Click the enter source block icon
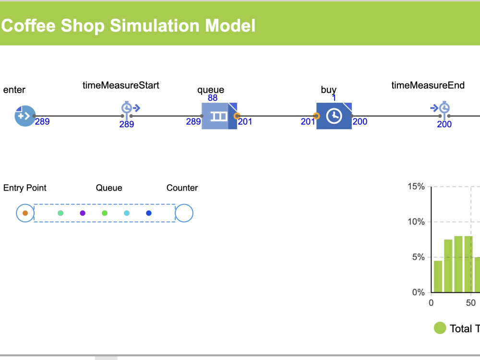tap(25, 116)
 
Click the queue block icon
tap(219, 116)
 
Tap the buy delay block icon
tap(334, 116)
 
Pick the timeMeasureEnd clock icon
tap(440, 108)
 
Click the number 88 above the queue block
tap(213, 98)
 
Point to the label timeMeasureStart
tap(121, 85)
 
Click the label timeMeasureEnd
tap(428, 85)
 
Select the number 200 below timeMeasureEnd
tap(444, 124)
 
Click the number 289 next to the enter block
tap(42, 122)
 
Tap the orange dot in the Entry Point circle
tap(25, 213)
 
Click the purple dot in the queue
tap(83, 213)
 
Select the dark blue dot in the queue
tap(149, 213)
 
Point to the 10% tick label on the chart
tap(416, 222)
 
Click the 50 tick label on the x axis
tap(471, 303)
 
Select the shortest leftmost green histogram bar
tap(438, 276)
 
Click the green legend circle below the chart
tap(440, 328)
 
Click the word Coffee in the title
tap(28, 25)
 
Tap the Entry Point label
tap(25, 188)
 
